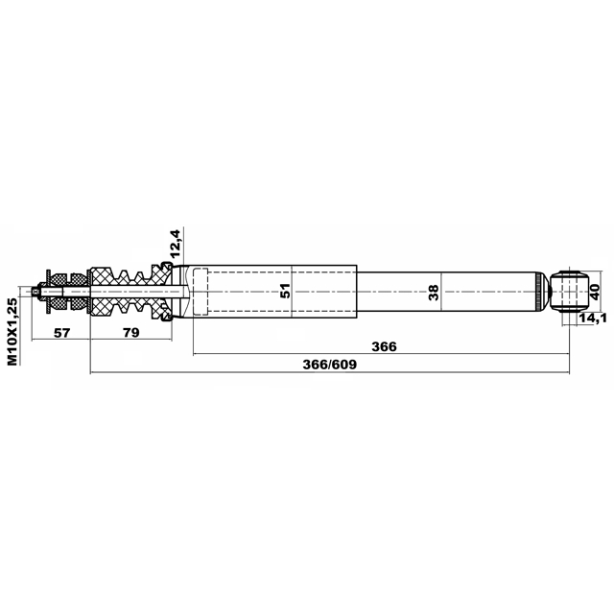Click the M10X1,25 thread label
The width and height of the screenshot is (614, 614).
click(12, 331)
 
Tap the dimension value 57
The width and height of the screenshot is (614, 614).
click(61, 333)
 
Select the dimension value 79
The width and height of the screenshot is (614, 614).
click(131, 333)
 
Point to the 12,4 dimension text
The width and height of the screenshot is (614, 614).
click(176, 243)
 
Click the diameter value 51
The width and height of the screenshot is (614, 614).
click(286, 291)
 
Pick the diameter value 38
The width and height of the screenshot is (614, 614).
click(434, 293)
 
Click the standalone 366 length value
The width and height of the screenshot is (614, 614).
click(384, 346)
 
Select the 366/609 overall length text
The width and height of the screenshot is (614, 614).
click(330, 365)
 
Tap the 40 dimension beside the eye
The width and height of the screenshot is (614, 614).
click(595, 292)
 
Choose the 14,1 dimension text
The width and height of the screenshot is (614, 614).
click(593, 318)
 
